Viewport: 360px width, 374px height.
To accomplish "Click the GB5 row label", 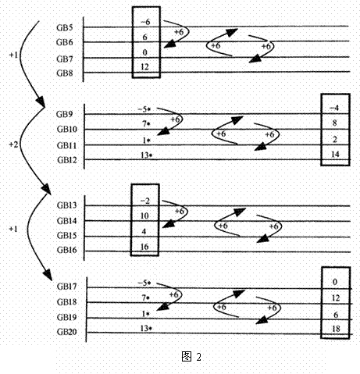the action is pos(65,28).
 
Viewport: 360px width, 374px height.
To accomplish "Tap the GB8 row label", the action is pos(65,73).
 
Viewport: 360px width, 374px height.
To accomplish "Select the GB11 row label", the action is pos(67,145).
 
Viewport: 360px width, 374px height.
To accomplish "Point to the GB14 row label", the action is pos(67,221).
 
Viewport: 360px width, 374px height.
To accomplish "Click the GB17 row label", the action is pos(67,287).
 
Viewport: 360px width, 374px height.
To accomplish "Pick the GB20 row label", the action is pos(67,332).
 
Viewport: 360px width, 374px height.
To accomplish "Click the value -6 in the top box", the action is pos(145,22).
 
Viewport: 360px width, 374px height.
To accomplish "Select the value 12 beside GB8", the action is pos(144,67).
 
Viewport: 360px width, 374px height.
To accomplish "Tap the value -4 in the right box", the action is pos(334,108).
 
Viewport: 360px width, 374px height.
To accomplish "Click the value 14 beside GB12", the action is pos(335,155).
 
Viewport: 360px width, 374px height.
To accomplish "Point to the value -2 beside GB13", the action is pos(145,201).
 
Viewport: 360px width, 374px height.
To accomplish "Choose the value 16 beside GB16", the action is pos(144,247).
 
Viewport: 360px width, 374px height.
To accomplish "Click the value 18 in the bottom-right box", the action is pos(336,329).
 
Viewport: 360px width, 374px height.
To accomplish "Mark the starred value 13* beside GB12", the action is pos(146,155).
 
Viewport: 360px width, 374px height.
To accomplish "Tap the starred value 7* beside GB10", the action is pos(146,124).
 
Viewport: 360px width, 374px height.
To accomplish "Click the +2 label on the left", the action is pos(13,144).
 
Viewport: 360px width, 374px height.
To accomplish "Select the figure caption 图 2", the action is pos(191,356).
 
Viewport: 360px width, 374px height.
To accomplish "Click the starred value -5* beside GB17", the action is pos(144,283).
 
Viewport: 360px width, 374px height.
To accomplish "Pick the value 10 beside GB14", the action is pos(144,215).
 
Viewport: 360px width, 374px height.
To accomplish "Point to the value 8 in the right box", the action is pos(335,123).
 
